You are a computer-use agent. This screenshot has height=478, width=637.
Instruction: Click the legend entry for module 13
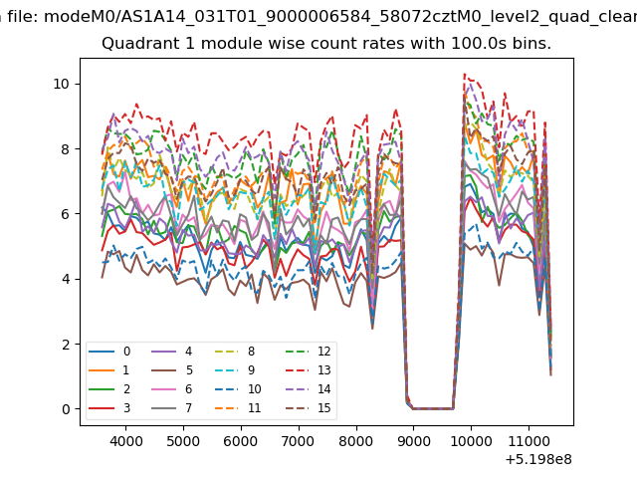pyautogui.click(x=308, y=369)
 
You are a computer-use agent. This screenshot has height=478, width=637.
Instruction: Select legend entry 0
pyautogui.click(x=109, y=352)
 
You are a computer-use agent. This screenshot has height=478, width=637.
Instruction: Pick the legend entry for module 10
pyautogui.click(x=239, y=389)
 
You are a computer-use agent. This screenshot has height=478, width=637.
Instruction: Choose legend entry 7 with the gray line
pyautogui.click(x=171, y=407)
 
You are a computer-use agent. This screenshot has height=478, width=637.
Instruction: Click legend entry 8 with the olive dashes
pyautogui.click(x=235, y=352)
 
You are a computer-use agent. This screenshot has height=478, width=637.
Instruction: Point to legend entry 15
pyautogui.click(x=308, y=407)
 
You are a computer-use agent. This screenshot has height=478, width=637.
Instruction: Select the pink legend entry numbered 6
pyautogui.click(x=171, y=389)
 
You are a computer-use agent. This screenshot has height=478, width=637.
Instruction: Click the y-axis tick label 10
pyautogui.click(x=61, y=84)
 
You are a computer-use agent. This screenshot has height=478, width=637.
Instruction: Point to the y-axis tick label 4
pyautogui.click(x=66, y=279)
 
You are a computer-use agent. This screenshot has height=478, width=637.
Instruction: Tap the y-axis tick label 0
pyautogui.click(x=66, y=409)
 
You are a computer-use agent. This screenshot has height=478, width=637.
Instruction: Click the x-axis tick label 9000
pyautogui.click(x=413, y=441)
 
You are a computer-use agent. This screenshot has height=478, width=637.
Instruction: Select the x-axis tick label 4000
pyautogui.click(x=125, y=441)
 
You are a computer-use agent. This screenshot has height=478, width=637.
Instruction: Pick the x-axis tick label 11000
pyautogui.click(x=529, y=441)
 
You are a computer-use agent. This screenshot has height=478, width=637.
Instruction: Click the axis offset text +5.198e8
pyautogui.click(x=538, y=460)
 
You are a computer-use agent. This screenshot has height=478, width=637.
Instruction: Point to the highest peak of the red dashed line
pyautogui.click(x=465, y=74)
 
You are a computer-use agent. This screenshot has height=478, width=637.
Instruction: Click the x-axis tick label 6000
pyautogui.click(x=241, y=441)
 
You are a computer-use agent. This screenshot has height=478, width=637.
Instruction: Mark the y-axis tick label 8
pyautogui.click(x=66, y=148)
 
